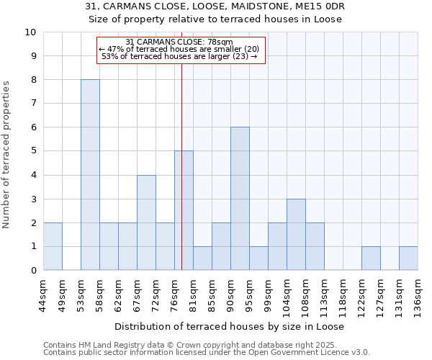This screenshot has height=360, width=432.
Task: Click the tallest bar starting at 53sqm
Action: [x=90, y=175]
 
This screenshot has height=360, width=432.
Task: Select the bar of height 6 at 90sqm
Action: [x=240, y=199]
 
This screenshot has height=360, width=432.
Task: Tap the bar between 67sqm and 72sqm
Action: [x=146, y=222]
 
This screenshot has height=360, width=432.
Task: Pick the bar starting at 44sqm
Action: [x=53, y=246]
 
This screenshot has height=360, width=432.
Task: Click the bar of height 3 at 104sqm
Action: [x=296, y=235]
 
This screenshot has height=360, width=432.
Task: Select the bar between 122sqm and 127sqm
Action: [x=371, y=258]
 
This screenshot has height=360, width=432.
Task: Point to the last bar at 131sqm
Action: [x=408, y=258]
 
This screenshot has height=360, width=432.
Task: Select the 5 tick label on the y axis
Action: [x=33, y=151]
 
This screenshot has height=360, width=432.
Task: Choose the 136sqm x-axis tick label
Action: [x=418, y=292]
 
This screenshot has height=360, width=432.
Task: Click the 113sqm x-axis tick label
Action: [x=325, y=292]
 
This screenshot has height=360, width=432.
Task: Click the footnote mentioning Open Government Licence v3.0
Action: [x=207, y=353]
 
